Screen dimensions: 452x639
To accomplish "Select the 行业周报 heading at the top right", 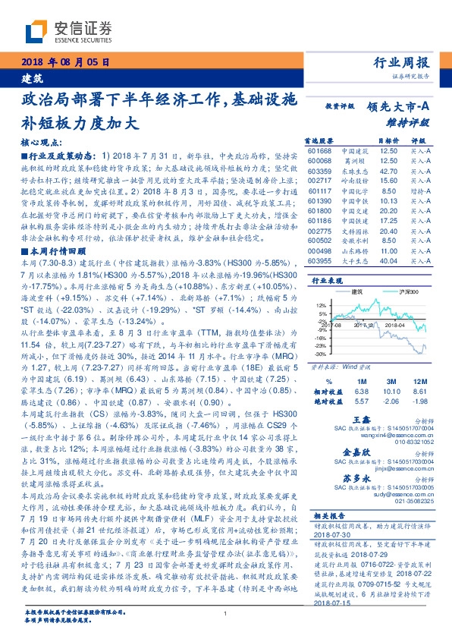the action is click(402, 62).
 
